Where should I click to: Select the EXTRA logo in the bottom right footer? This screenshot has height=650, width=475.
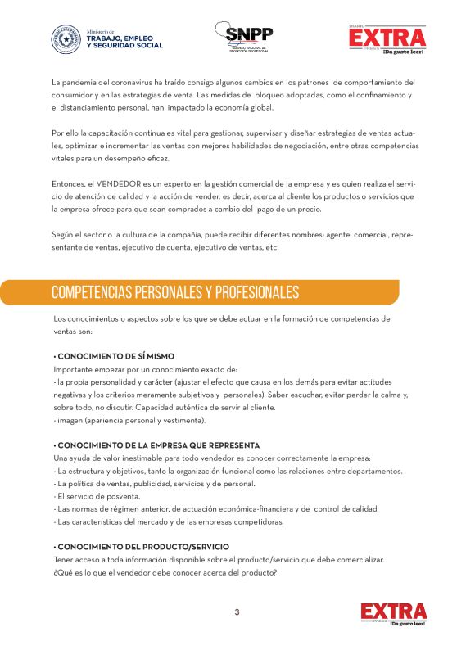(394, 614)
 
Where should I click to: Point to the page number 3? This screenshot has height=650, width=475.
(237, 612)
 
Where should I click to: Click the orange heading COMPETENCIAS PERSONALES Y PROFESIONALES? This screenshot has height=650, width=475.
(175, 293)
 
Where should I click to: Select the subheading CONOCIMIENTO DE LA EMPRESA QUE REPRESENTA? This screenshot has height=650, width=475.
(156, 445)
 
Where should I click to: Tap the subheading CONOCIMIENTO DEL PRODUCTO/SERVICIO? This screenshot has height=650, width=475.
(141, 546)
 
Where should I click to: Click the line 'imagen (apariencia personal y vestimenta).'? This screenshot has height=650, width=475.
(129, 420)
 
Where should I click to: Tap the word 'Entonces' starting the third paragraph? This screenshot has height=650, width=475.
(68, 185)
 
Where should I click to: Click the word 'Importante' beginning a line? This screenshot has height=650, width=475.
(73, 369)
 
